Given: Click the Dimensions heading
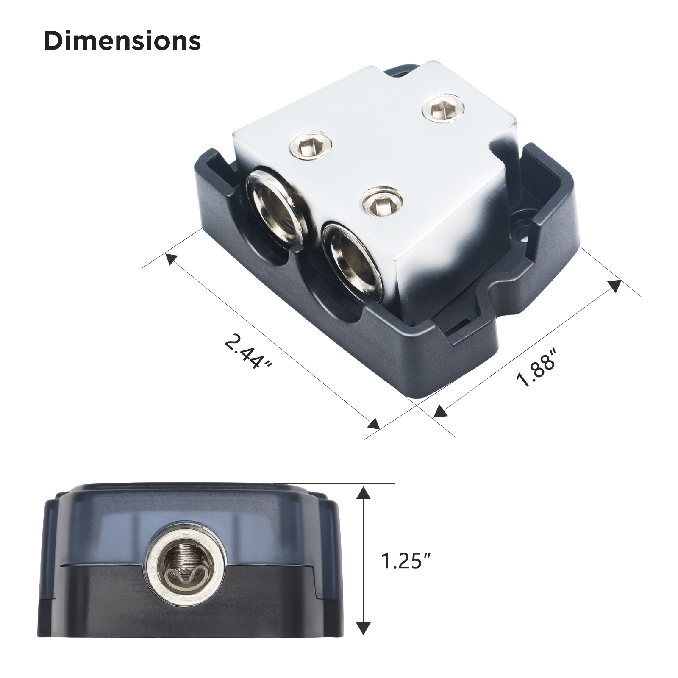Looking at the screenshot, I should tap(122, 41).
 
